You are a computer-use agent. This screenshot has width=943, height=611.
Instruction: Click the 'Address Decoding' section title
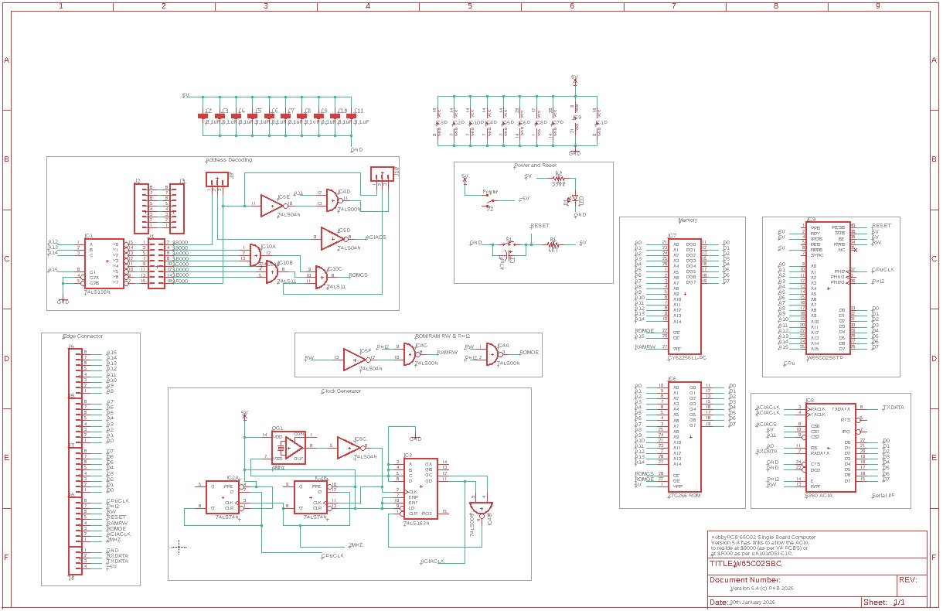[x=229, y=160]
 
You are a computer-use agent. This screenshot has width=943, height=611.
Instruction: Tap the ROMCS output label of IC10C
[x=359, y=275]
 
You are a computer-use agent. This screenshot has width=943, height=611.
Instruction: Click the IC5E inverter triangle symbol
[x=271, y=205]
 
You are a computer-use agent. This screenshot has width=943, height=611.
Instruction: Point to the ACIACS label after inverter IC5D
[x=376, y=237]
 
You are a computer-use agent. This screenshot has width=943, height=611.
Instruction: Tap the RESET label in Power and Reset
[x=540, y=226]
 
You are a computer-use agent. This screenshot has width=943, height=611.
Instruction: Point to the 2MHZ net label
[x=356, y=545]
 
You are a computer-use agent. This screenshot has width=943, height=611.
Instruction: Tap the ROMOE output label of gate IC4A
[x=529, y=353]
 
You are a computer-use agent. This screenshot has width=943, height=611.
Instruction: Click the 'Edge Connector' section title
[x=83, y=336]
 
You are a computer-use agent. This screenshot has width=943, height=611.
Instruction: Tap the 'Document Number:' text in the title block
[x=744, y=579]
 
